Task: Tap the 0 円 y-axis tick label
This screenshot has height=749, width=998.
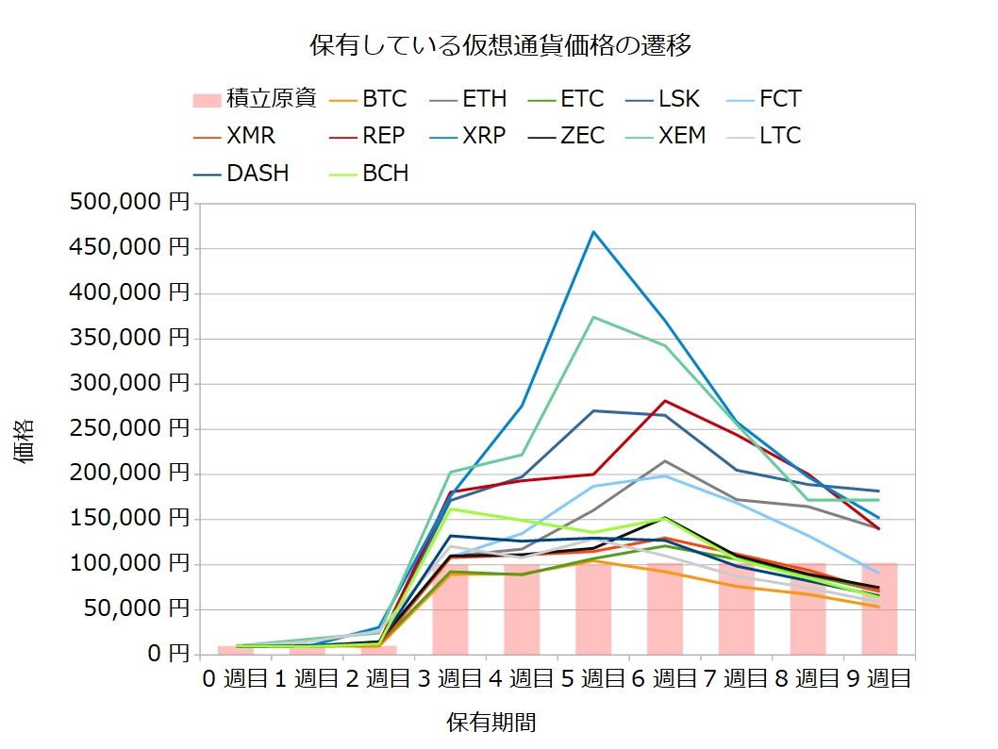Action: click(x=164, y=654)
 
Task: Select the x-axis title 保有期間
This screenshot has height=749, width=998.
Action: click(x=491, y=723)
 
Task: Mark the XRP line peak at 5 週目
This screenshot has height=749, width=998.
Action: click(x=593, y=231)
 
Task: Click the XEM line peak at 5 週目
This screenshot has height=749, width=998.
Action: click(x=593, y=317)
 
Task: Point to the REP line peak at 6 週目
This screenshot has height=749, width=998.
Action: click(x=665, y=401)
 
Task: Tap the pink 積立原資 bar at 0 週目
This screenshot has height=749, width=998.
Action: click(x=236, y=650)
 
